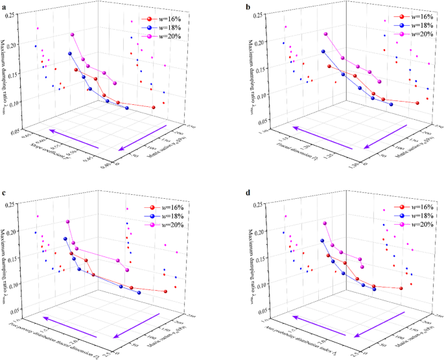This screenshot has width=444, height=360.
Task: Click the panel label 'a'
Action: point(4,5)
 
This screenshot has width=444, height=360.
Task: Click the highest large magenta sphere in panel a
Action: point(73,35)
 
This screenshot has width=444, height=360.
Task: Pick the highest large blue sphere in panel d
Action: point(323,241)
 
